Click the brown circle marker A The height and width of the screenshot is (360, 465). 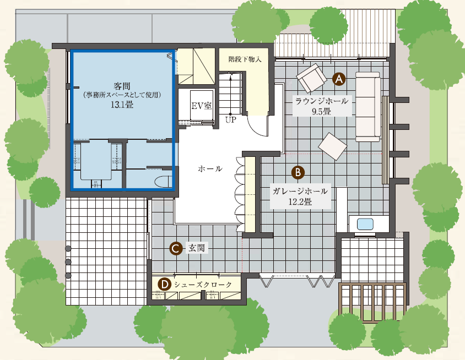[x=339, y=79]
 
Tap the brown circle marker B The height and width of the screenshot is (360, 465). [x=298, y=172]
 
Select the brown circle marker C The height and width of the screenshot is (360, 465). [x=176, y=248]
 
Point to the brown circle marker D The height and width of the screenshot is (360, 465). [x=164, y=285]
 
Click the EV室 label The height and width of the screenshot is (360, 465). [x=201, y=106]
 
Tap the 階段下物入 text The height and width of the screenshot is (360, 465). [x=245, y=59]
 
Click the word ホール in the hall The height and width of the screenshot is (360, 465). [x=210, y=169]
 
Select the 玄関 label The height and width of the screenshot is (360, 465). [x=197, y=248]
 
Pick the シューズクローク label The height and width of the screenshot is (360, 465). [x=203, y=285]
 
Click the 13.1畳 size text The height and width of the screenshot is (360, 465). [x=122, y=105]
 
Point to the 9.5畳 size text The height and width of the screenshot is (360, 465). [x=321, y=112]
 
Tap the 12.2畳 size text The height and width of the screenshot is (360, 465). [x=300, y=202]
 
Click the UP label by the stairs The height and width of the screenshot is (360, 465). [x=231, y=120]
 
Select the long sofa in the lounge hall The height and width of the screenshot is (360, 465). [x=368, y=107]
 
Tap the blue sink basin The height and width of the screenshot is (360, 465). [x=365, y=224]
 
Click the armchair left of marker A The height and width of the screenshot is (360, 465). [x=311, y=78]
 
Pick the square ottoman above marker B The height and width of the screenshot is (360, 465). [x=333, y=146]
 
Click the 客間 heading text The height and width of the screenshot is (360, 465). [x=122, y=86]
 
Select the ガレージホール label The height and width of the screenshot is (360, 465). [x=300, y=191]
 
